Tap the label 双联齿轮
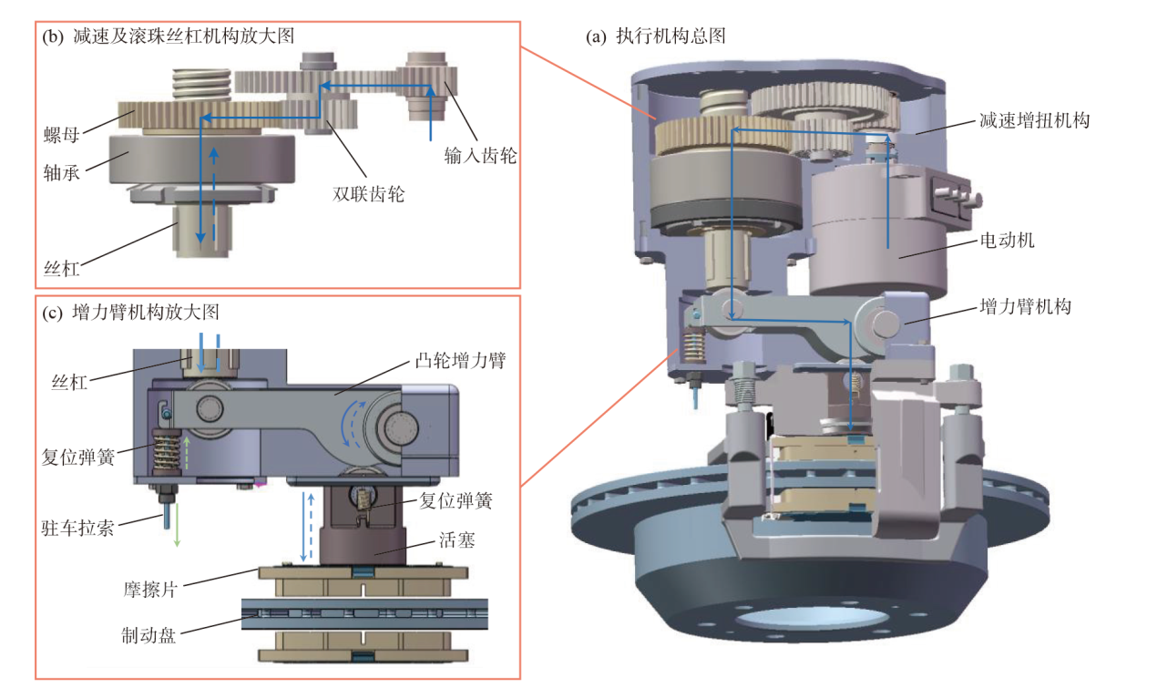tap(368, 193)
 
